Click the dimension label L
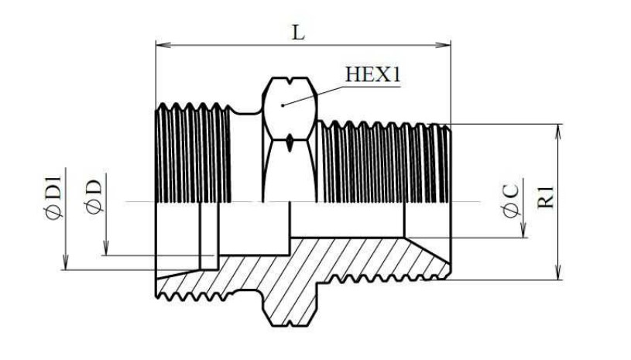298,33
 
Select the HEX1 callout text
372,74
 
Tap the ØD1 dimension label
54,197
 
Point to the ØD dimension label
94,197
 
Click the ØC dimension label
511,200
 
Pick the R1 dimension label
546,197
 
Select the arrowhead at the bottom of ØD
106,248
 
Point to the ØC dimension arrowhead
523,230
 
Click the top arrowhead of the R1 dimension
558,132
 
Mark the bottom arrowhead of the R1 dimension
558,272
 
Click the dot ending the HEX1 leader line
283,105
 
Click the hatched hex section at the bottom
290,306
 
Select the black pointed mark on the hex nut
290,143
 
